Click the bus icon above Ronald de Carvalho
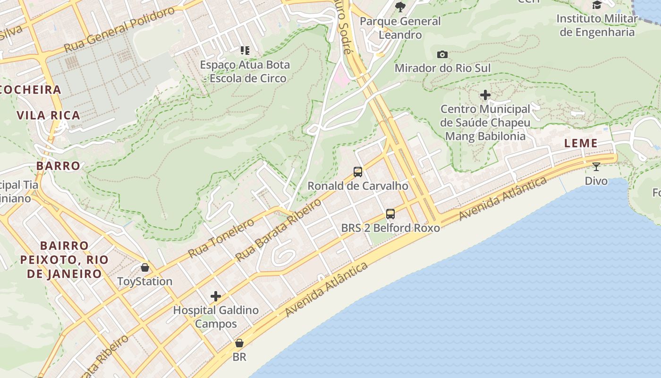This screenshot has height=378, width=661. [x=358, y=172]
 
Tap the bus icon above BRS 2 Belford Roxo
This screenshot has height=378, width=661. [x=390, y=214]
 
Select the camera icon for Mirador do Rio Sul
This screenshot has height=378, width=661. [x=442, y=54]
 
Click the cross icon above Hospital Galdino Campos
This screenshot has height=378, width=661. [x=216, y=296]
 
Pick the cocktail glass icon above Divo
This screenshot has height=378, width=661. [x=596, y=166]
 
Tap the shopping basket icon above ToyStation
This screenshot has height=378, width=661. [x=145, y=267]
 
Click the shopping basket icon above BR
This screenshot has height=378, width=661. [x=239, y=343]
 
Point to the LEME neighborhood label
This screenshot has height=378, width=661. [x=581, y=143]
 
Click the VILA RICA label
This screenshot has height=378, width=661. [x=48, y=115]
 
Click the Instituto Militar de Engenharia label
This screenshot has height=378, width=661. [x=597, y=26]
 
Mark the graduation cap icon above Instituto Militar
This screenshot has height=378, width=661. [x=597, y=5]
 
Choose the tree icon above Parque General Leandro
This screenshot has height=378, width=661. [x=400, y=7]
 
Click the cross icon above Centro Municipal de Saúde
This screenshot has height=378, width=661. [x=485, y=95]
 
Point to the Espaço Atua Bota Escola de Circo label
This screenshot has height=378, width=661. [x=245, y=71]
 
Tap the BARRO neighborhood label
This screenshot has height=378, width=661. [x=59, y=166]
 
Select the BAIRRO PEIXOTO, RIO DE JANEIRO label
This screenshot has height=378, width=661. [x=64, y=259]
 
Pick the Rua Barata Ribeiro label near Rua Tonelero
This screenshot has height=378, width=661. [x=278, y=230]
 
